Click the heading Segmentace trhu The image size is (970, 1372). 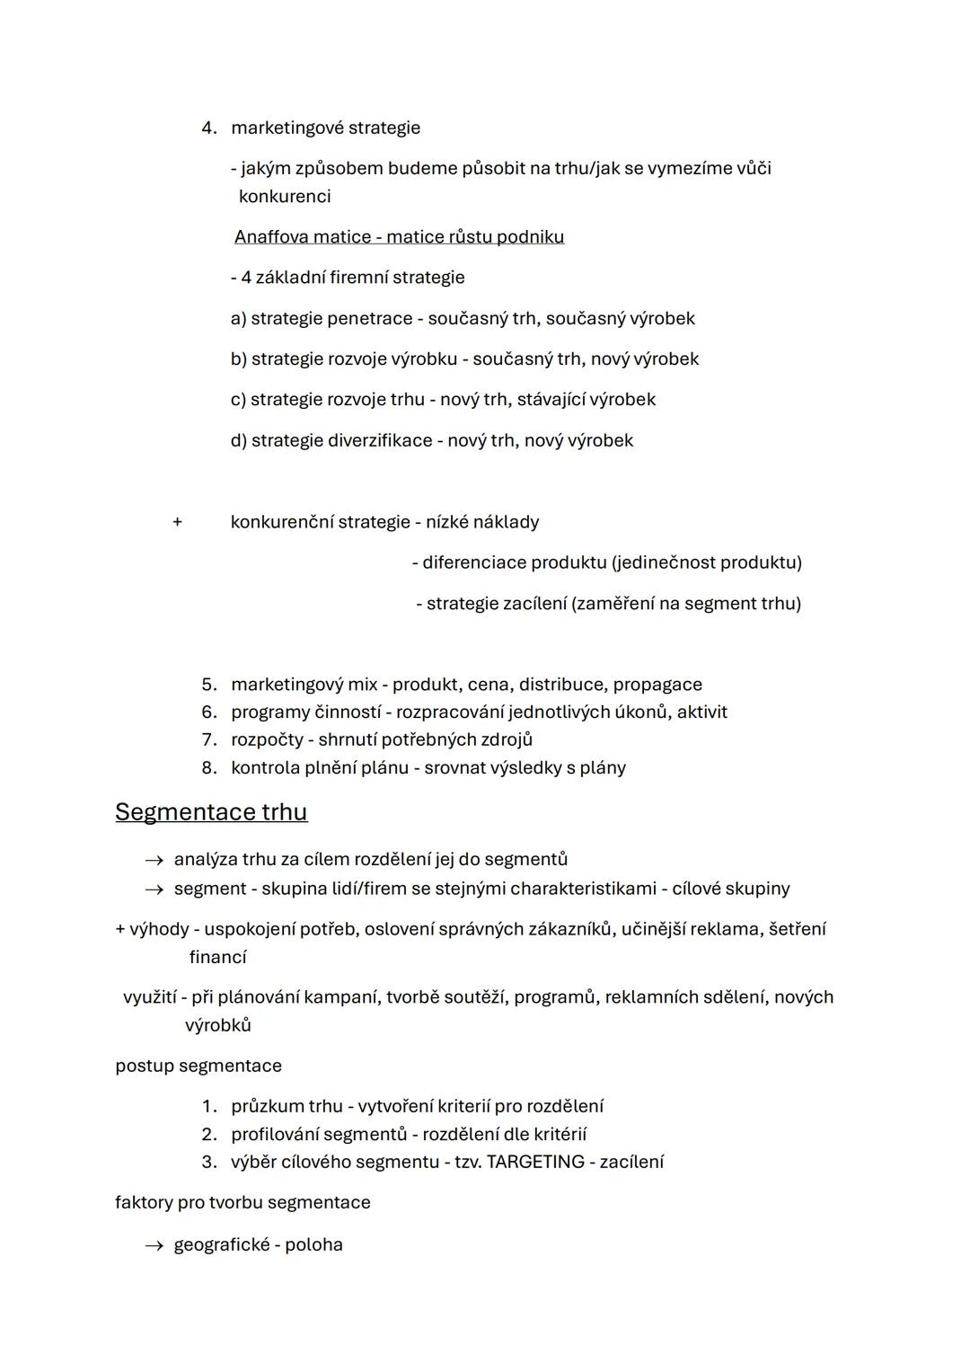(x=211, y=812)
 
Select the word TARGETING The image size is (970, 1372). (x=535, y=1162)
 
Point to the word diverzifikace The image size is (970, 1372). (x=380, y=441)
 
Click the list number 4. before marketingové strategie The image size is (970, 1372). (x=209, y=128)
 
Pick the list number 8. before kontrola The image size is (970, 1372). (x=209, y=768)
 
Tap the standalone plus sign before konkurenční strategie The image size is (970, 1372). (x=177, y=522)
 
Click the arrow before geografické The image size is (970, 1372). (x=154, y=1245)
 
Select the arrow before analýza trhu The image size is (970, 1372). (x=154, y=861)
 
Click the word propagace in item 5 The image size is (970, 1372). (x=657, y=685)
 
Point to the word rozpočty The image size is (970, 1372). (x=267, y=740)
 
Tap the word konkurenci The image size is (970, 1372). (x=285, y=197)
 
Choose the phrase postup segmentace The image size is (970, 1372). (x=198, y=1067)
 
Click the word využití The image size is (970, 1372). (x=150, y=997)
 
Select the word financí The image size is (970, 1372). (x=217, y=958)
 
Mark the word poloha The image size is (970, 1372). (x=313, y=1245)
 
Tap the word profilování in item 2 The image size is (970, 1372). (x=273, y=1134)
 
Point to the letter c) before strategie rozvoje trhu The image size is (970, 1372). (x=237, y=400)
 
